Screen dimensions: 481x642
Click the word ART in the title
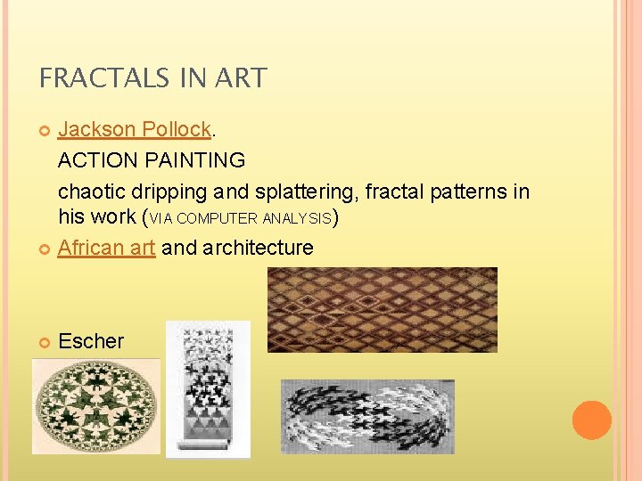(x=242, y=78)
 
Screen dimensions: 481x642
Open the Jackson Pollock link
(x=135, y=129)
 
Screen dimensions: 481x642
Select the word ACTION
(x=92, y=160)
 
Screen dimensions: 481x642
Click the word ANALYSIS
(x=301, y=218)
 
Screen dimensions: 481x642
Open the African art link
(x=106, y=248)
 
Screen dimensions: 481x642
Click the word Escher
(x=91, y=341)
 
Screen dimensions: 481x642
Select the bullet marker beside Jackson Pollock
(x=45, y=130)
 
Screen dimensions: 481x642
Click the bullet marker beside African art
(x=45, y=249)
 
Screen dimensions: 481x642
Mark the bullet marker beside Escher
(x=45, y=342)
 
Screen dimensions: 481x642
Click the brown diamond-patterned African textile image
(x=382, y=309)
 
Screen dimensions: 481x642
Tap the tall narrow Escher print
(x=208, y=389)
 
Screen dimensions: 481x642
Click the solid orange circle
(x=592, y=420)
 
